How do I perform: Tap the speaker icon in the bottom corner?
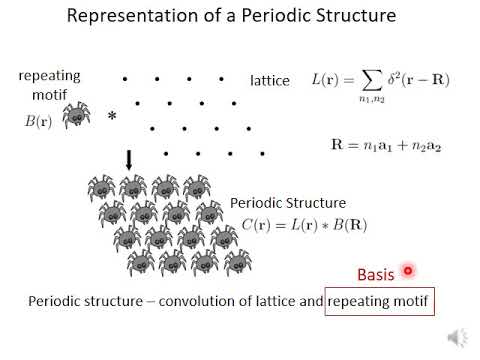tap(457, 336)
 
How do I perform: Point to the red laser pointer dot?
tap(408, 269)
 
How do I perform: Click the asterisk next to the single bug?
tap(112, 118)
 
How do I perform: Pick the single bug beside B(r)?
tap(76, 117)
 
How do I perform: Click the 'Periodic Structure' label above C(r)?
tap(288, 202)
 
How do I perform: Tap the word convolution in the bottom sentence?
tap(199, 300)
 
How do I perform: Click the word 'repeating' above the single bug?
tap(49, 76)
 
